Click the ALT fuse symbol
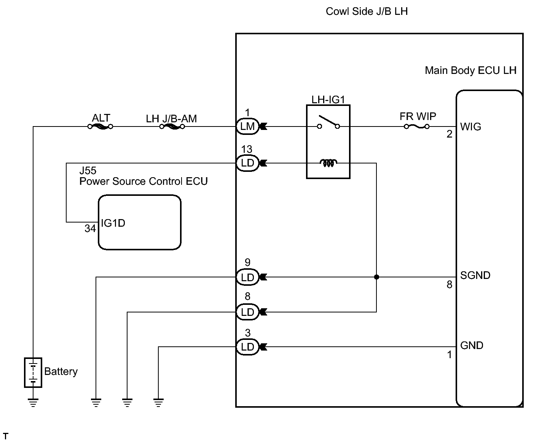coord(100,127)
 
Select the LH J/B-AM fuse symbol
coord(172,127)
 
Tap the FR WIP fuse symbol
coord(417,127)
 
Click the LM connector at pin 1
coord(247,127)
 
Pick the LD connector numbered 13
coord(247,163)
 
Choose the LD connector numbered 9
coord(247,277)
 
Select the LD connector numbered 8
coord(247,312)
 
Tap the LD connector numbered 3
coord(247,347)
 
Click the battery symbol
coord(33,372)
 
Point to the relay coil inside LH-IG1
coord(328,163)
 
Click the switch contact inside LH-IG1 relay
coord(328,123)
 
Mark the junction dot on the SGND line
coord(376,277)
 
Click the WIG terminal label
coord(470,127)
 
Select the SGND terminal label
coord(475,275)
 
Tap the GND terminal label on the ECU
coord(472,346)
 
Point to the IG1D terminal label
coord(113,223)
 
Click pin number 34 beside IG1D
coord(90,229)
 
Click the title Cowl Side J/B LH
coord(367,11)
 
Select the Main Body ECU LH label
coord(470,70)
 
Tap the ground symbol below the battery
coord(33,402)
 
